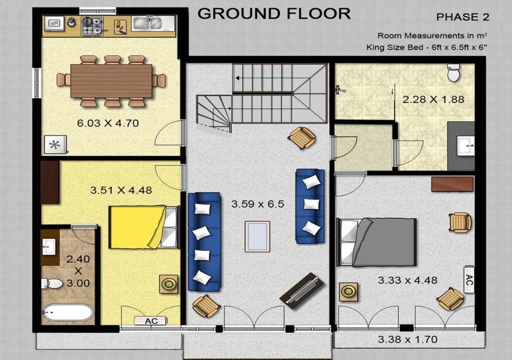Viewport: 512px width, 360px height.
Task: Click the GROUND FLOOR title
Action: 274,14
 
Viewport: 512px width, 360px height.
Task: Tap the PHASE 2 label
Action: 463,17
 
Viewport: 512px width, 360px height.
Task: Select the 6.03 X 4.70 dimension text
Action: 108,123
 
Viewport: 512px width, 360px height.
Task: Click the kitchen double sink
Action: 153,24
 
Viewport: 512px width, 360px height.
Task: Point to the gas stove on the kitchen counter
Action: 92,26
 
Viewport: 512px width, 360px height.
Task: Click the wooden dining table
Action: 111,81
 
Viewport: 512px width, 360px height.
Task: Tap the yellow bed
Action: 144,227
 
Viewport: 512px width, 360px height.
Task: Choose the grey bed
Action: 376,242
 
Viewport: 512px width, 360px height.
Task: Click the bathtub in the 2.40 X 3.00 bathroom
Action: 68,312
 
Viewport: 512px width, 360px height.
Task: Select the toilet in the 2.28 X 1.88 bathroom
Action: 454,73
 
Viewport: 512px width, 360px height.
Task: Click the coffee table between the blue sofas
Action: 257,236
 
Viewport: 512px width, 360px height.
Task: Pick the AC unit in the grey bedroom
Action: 469,280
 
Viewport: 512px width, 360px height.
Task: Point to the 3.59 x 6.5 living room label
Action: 258,204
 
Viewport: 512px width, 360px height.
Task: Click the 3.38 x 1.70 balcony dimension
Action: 408,340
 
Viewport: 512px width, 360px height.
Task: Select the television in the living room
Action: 302,291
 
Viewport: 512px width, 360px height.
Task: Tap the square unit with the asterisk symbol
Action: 56,145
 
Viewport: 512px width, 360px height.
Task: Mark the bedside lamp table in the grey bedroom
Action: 348,292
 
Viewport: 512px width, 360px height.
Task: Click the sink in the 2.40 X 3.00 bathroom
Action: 49,247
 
